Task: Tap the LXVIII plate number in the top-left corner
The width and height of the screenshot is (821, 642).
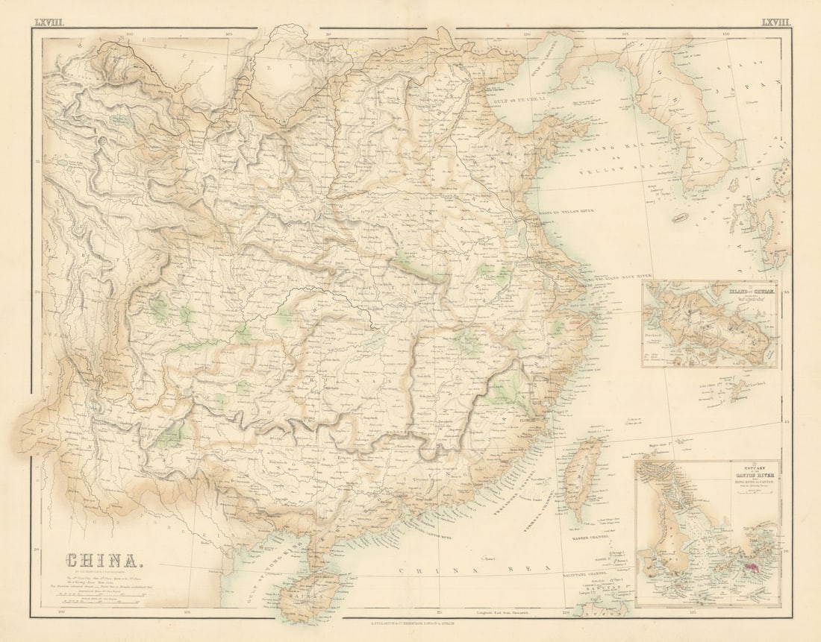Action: pyautogui.click(x=49, y=22)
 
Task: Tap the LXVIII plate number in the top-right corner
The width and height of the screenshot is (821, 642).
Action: pyautogui.click(x=775, y=22)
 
